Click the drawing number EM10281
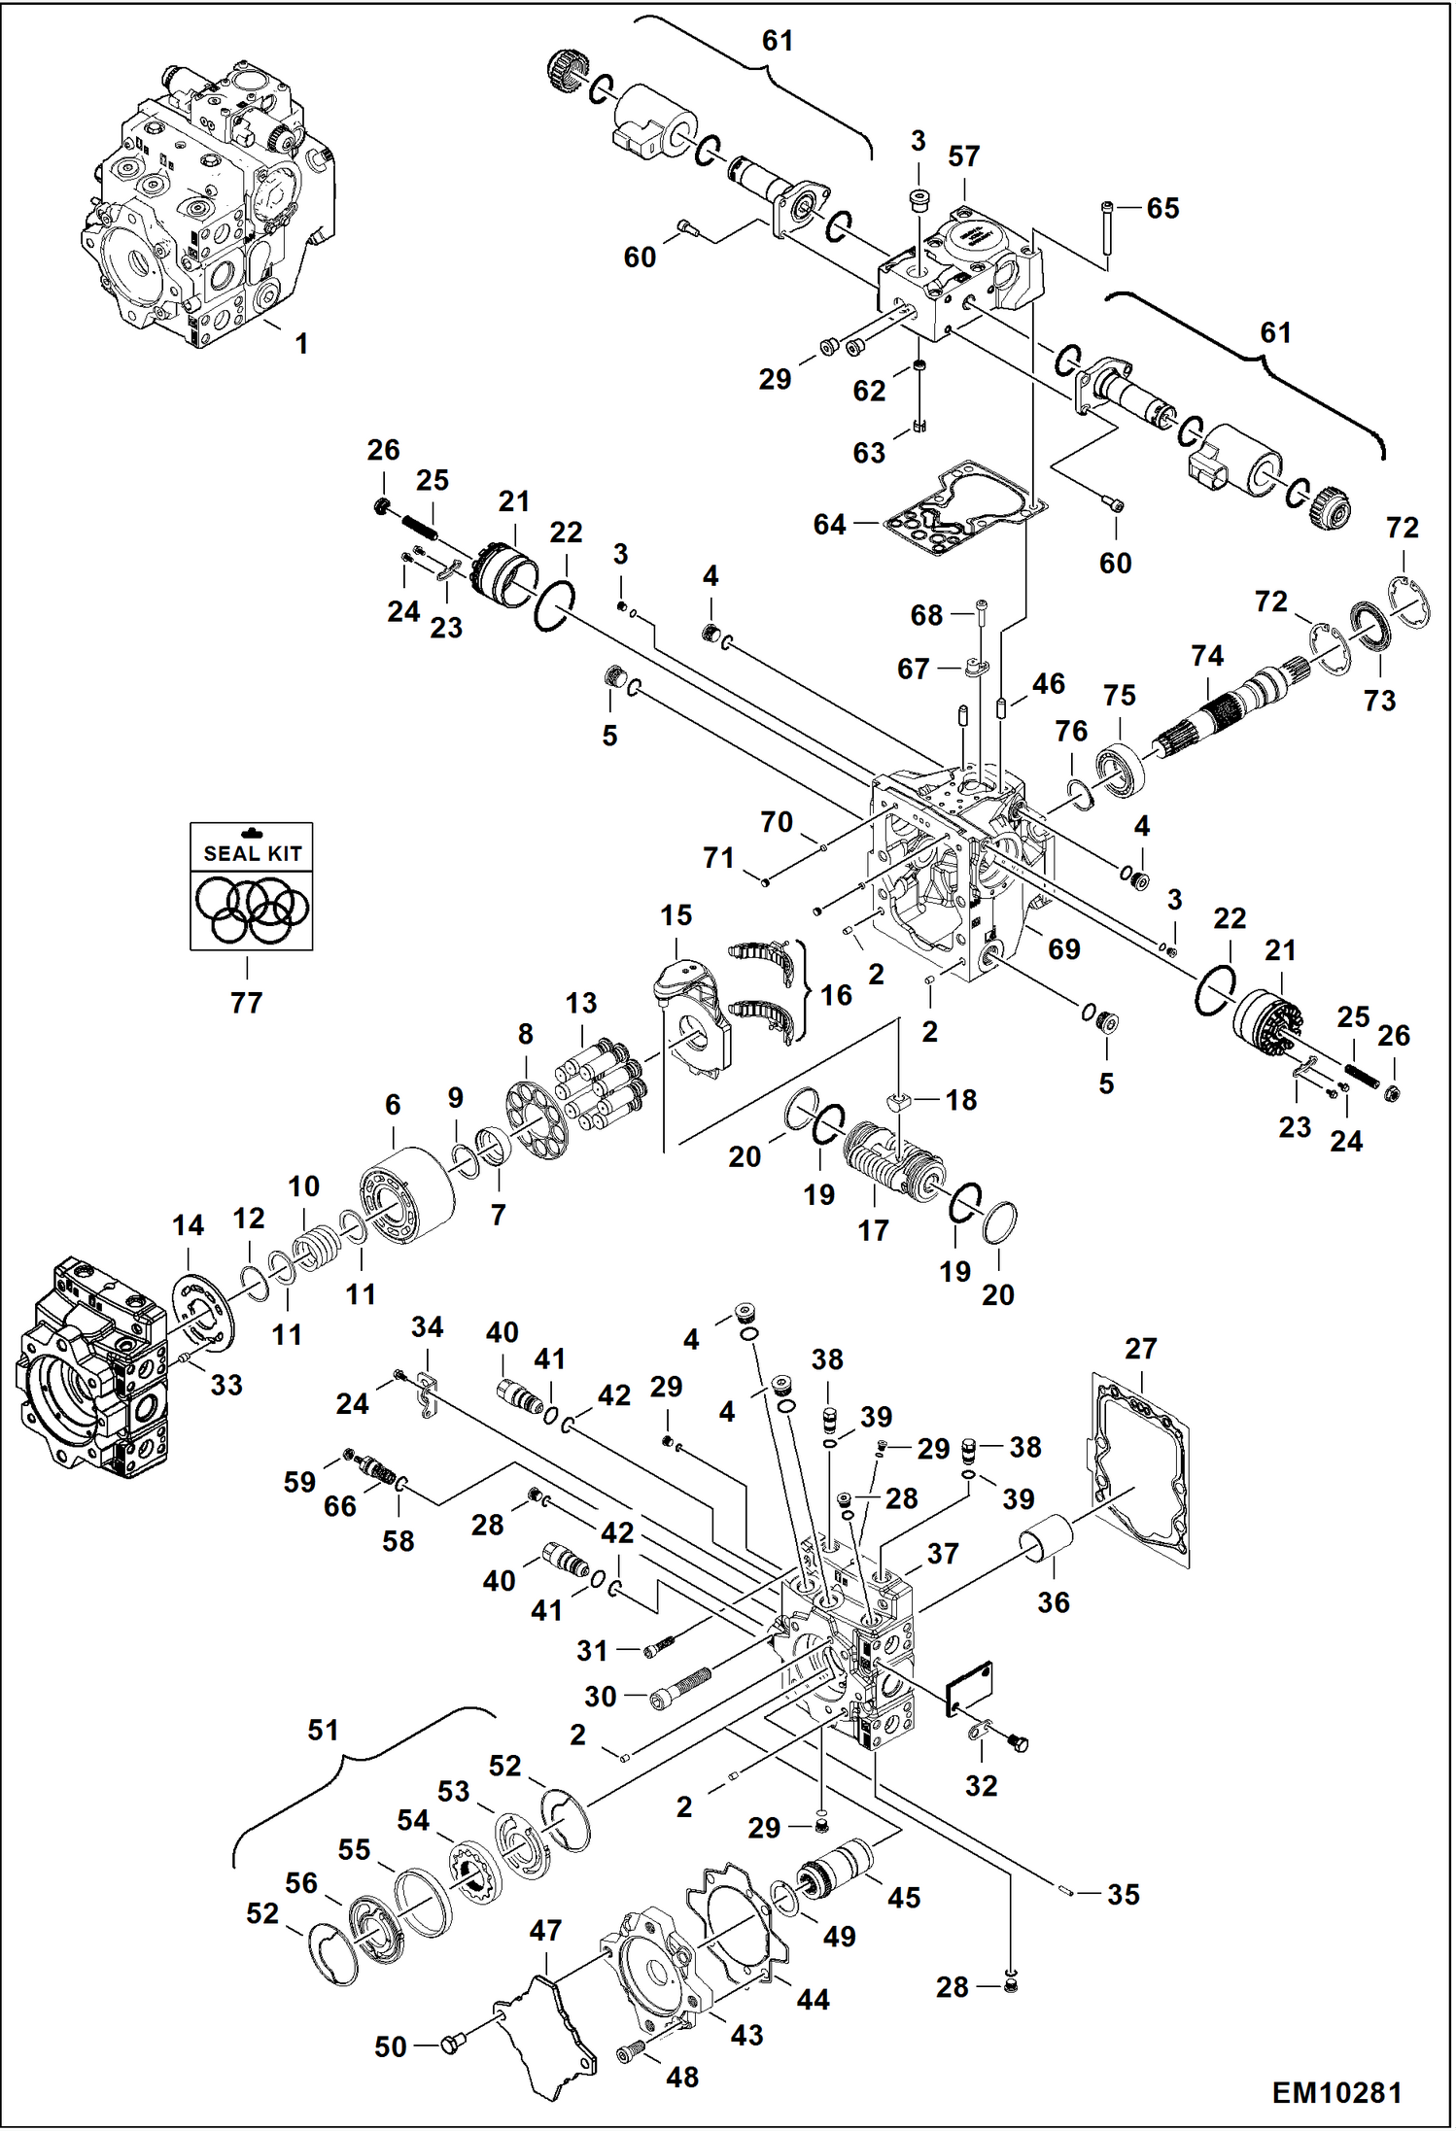[1336, 2091]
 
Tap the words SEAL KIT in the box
[252, 853]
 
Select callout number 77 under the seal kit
[246, 1002]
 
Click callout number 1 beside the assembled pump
[301, 343]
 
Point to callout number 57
[963, 156]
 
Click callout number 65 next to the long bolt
[1162, 208]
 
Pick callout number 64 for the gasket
[829, 525]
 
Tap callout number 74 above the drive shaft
[1207, 656]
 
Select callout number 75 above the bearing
[1119, 696]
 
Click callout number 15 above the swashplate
[676, 914]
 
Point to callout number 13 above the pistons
[581, 1003]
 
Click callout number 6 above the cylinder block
[393, 1104]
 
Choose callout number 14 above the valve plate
[189, 1225]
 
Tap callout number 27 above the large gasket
[1140, 1348]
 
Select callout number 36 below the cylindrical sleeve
[1053, 1602]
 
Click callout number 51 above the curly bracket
[323, 1730]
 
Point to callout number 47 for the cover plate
[545, 1930]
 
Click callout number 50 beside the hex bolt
[391, 2046]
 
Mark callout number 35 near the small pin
[1123, 1893]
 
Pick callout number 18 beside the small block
[960, 1099]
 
